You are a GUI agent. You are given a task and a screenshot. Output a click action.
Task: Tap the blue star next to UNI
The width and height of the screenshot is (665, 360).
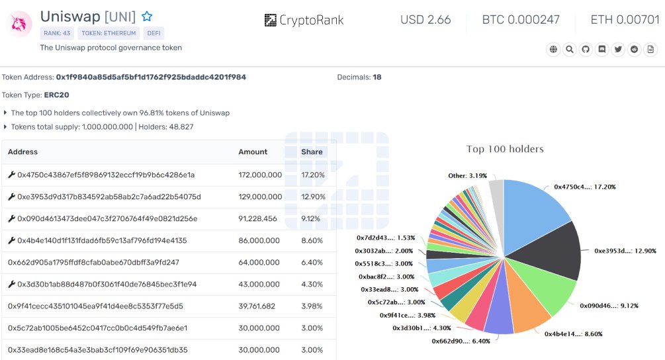coord(147,17)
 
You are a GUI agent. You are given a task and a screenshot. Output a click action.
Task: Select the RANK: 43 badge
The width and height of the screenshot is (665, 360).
coord(57,33)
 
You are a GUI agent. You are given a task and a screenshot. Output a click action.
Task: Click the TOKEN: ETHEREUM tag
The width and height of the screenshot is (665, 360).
coord(109,33)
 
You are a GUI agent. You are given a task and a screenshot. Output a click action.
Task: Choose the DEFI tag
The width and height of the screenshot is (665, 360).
coord(154,33)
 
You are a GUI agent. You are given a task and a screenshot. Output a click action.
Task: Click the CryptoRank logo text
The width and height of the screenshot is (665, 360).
coord(304,20)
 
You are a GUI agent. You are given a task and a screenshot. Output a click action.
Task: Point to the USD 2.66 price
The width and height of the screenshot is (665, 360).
coord(425,20)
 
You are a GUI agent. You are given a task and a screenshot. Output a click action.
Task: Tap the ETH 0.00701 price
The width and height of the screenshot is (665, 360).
coord(625,20)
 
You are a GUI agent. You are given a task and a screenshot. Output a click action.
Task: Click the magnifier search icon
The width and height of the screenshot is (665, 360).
coord(570,49)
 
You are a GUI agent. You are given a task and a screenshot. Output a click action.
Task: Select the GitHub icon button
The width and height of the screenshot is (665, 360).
coord(586,49)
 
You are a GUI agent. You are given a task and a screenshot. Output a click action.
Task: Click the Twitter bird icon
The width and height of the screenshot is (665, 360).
coord(618,49)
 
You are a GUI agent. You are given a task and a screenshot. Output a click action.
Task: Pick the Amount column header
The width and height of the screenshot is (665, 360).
coord(253,152)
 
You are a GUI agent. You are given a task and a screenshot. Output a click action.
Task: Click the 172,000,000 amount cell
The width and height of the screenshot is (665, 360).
coord(260,175)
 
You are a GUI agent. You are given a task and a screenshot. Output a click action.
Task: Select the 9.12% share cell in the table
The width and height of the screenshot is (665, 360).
coord(312,218)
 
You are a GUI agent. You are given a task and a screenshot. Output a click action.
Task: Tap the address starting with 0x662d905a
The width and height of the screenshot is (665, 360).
coord(93,262)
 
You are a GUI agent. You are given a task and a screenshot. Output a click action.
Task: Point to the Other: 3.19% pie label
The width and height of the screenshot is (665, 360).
coord(467,176)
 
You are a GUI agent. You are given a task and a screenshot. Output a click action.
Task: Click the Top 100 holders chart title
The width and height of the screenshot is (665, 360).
coord(505,149)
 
